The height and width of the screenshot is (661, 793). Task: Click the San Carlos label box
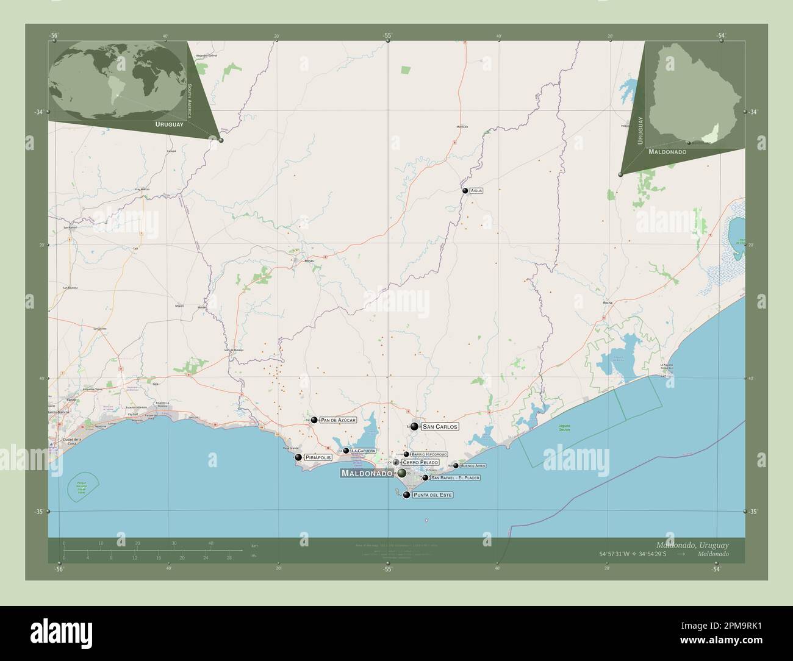[x=439, y=427]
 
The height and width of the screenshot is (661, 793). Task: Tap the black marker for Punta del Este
[x=406, y=495]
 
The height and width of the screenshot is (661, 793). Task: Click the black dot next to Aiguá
[x=465, y=191]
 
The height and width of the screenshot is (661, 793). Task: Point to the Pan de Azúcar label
[x=338, y=420]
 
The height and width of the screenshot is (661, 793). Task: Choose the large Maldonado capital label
[x=366, y=473]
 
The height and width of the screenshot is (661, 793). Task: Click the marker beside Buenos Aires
[x=456, y=466]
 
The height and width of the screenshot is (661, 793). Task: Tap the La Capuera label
[x=363, y=451]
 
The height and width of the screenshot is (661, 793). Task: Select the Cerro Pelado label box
[x=420, y=463]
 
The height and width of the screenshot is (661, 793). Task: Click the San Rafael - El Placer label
[x=455, y=477]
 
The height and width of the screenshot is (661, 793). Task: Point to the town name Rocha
[x=607, y=302]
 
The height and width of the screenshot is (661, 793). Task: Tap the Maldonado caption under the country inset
[x=667, y=151]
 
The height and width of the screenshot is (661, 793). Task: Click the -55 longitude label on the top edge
[x=387, y=35]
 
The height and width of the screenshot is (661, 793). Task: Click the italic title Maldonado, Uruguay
[x=692, y=544]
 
